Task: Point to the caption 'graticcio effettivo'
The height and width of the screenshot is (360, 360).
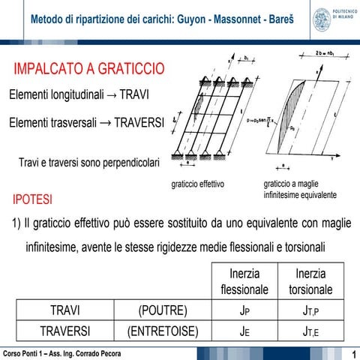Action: tap(198, 184)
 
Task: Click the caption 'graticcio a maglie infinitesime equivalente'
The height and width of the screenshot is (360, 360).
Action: tap(300, 189)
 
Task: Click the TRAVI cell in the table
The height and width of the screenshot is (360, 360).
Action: tap(65, 310)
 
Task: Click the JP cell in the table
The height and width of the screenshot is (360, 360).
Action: tap(244, 310)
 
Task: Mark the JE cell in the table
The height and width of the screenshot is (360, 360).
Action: tap(244, 331)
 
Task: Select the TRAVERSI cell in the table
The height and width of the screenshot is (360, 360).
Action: tap(65, 331)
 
